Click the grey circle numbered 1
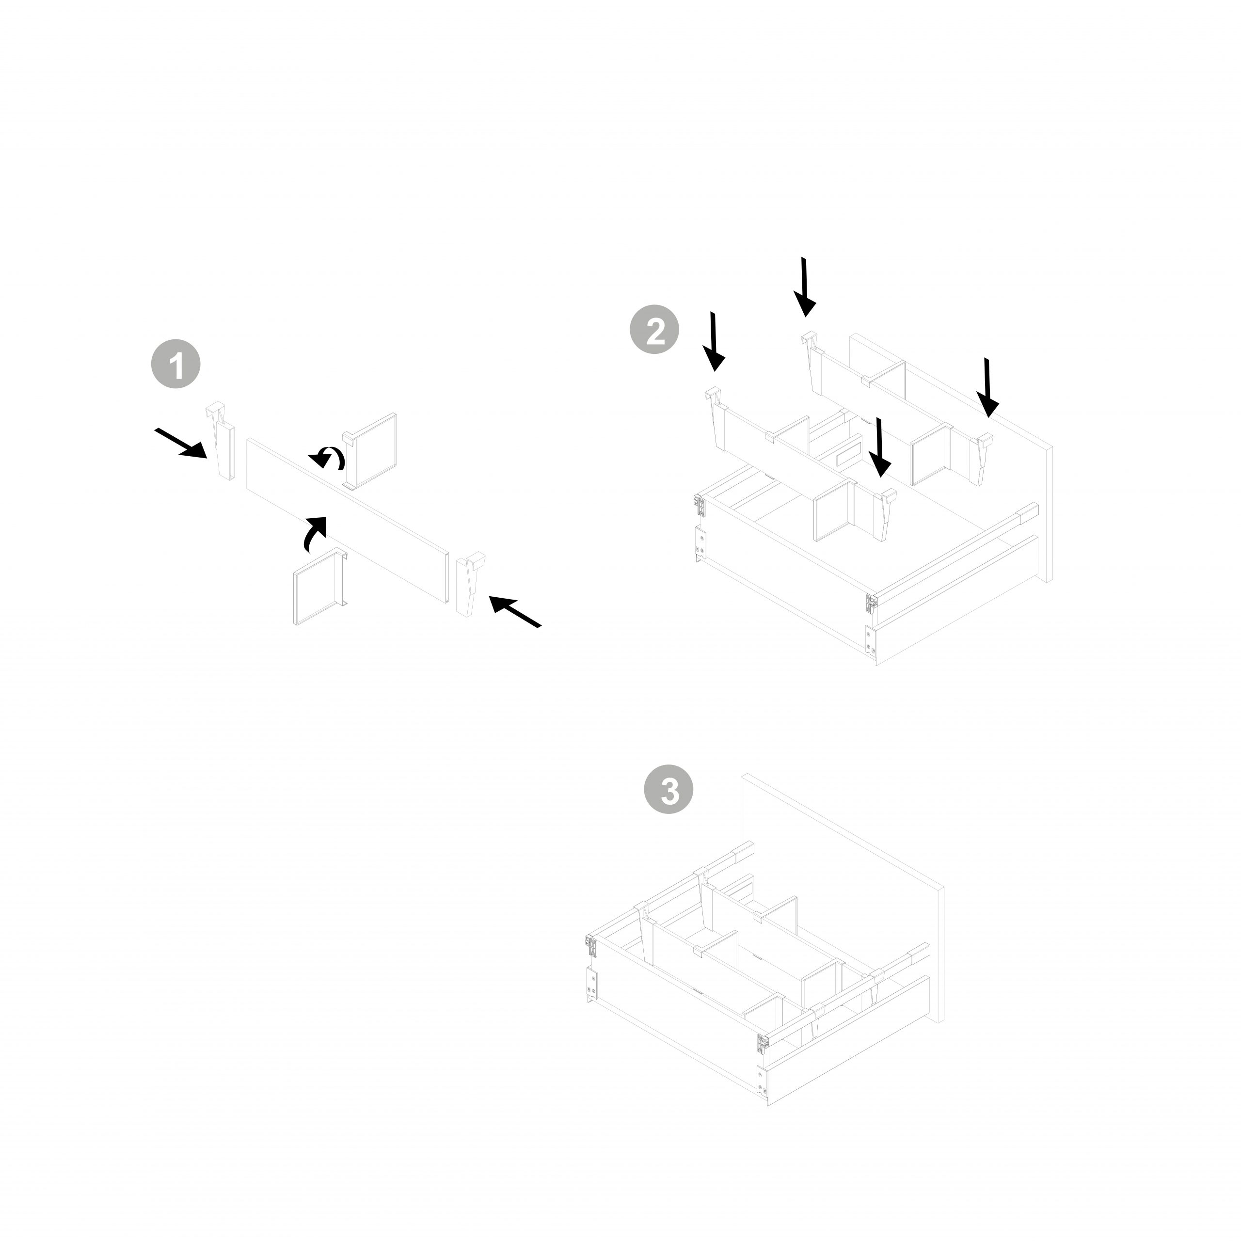click(175, 364)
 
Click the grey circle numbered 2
click(654, 330)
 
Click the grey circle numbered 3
click(668, 789)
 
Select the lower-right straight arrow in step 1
click(515, 611)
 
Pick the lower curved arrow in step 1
click(314, 533)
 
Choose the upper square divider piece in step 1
click(372, 450)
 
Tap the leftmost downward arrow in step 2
click(714, 341)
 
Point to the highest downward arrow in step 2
click(804, 286)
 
